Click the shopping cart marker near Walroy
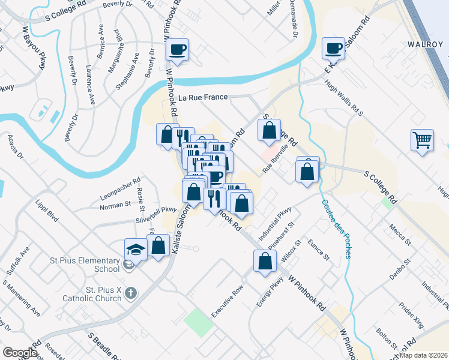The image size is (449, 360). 423,140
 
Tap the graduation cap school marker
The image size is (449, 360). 136,249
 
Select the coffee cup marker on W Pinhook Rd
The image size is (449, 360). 177,49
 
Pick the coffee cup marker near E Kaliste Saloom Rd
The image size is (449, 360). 333,48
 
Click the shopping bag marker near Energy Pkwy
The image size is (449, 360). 265,261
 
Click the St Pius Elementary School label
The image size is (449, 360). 84,265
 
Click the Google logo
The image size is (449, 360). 20,353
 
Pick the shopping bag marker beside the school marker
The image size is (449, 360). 158,245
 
